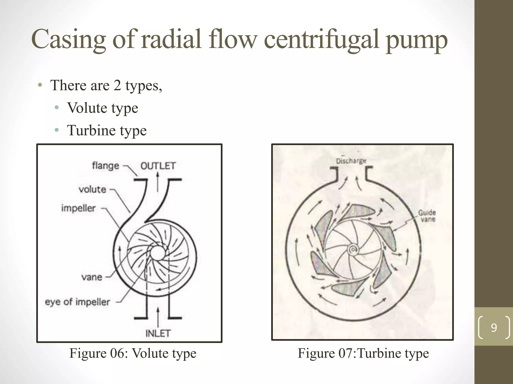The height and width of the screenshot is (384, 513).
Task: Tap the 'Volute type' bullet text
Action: (x=102, y=108)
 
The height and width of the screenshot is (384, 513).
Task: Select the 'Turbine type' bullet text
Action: (x=107, y=130)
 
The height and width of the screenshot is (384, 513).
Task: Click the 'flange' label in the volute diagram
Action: (x=105, y=165)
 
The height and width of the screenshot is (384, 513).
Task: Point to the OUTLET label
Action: (x=158, y=166)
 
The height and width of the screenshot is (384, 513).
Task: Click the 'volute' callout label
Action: (x=92, y=189)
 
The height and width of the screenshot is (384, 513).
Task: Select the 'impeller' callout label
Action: (x=78, y=208)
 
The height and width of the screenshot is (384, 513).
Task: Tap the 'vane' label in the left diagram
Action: (x=92, y=277)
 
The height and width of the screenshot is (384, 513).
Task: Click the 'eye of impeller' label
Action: (x=77, y=302)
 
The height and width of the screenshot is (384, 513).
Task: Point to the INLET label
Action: (x=158, y=333)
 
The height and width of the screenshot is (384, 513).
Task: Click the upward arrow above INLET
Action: (x=158, y=316)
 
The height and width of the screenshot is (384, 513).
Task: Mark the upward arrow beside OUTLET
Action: (x=158, y=182)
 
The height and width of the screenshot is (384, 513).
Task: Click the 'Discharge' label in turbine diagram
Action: (x=351, y=161)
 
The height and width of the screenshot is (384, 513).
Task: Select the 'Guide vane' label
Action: (x=427, y=216)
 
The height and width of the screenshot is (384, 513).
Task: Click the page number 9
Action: (x=494, y=328)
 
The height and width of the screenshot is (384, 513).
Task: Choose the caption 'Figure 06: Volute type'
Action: (x=133, y=353)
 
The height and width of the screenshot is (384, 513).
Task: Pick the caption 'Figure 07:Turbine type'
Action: (x=363, y=353)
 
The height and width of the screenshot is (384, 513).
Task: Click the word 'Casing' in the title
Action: (x=68, y=39)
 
